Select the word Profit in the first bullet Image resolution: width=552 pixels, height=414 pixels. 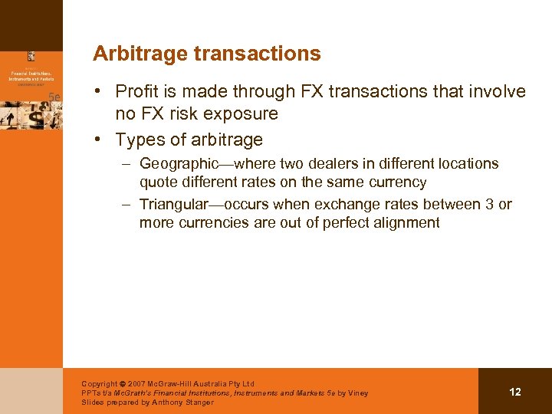pos(136,92)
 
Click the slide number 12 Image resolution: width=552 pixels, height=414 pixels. pos(514,392)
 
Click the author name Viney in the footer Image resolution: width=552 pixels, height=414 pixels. pos(357,393)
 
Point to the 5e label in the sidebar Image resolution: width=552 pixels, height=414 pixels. pos(55,96)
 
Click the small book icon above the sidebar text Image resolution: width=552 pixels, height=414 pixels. pos(31,56)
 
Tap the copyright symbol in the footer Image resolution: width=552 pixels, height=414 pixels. pos(123,383)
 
